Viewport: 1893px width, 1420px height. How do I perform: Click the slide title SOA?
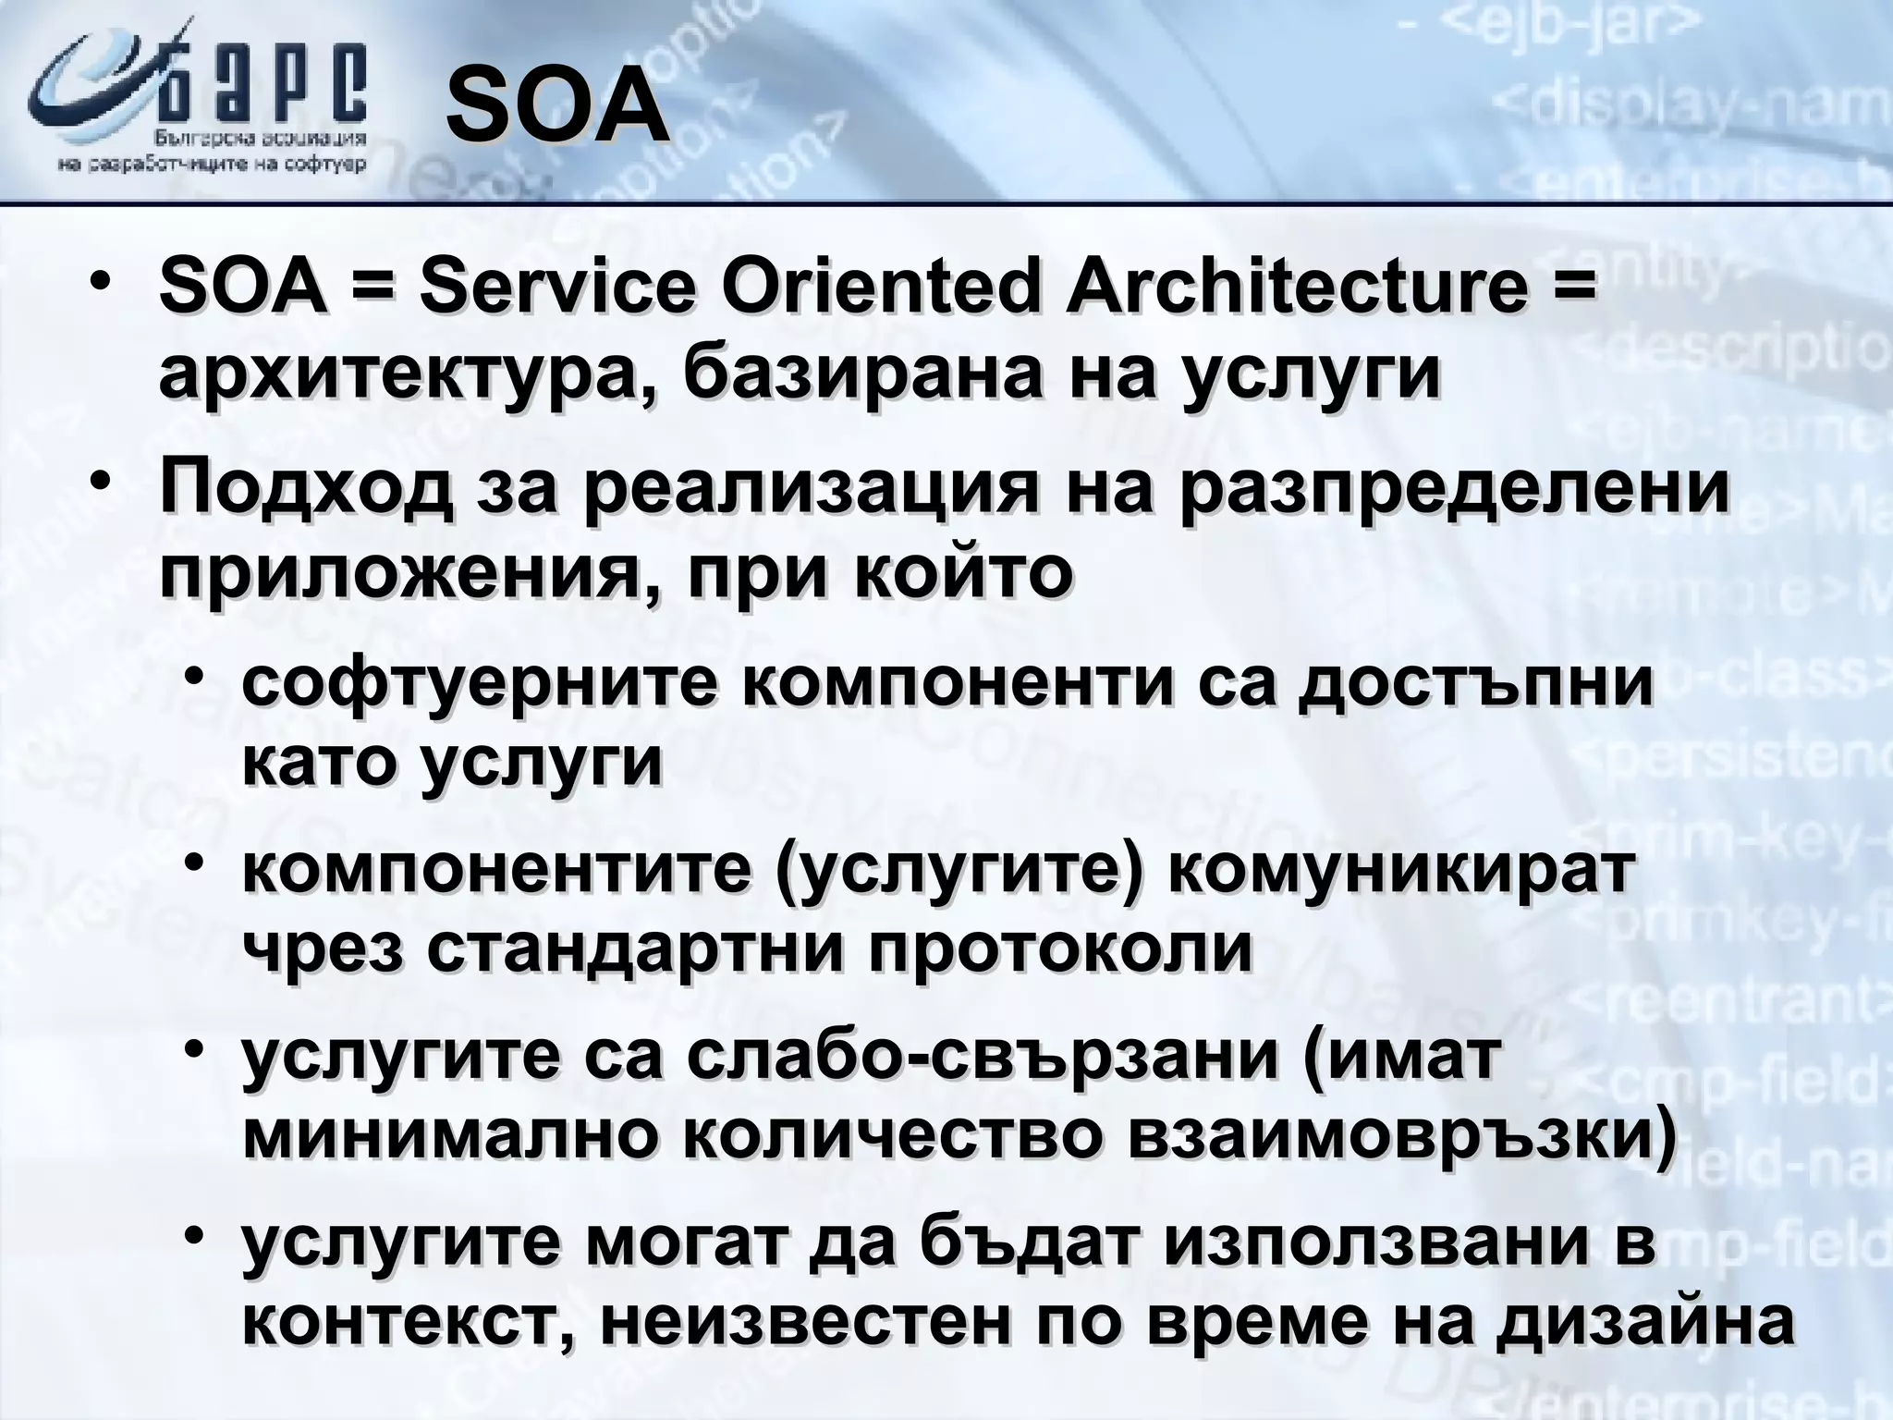557,112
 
